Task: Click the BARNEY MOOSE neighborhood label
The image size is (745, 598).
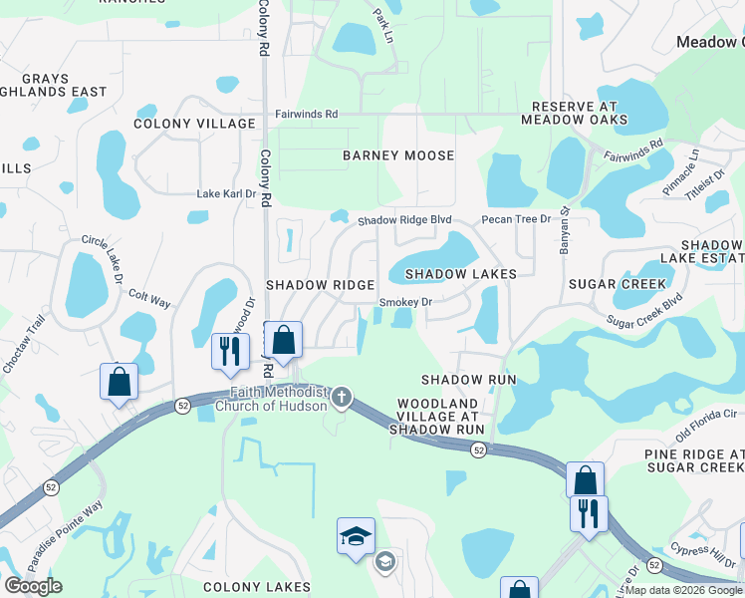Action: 398,155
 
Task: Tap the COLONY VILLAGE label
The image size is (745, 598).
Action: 195,124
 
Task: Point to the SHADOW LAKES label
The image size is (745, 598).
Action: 460,273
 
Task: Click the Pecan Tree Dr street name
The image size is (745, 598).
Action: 516,219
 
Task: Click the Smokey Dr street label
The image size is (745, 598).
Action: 405,302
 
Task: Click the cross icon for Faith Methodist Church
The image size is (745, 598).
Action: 342,399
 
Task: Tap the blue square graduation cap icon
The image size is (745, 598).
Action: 356,535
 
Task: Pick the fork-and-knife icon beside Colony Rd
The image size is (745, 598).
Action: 230,350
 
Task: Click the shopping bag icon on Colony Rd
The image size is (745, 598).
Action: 284,340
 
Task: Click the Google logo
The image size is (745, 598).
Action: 33,586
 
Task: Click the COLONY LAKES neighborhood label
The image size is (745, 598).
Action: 257,587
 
